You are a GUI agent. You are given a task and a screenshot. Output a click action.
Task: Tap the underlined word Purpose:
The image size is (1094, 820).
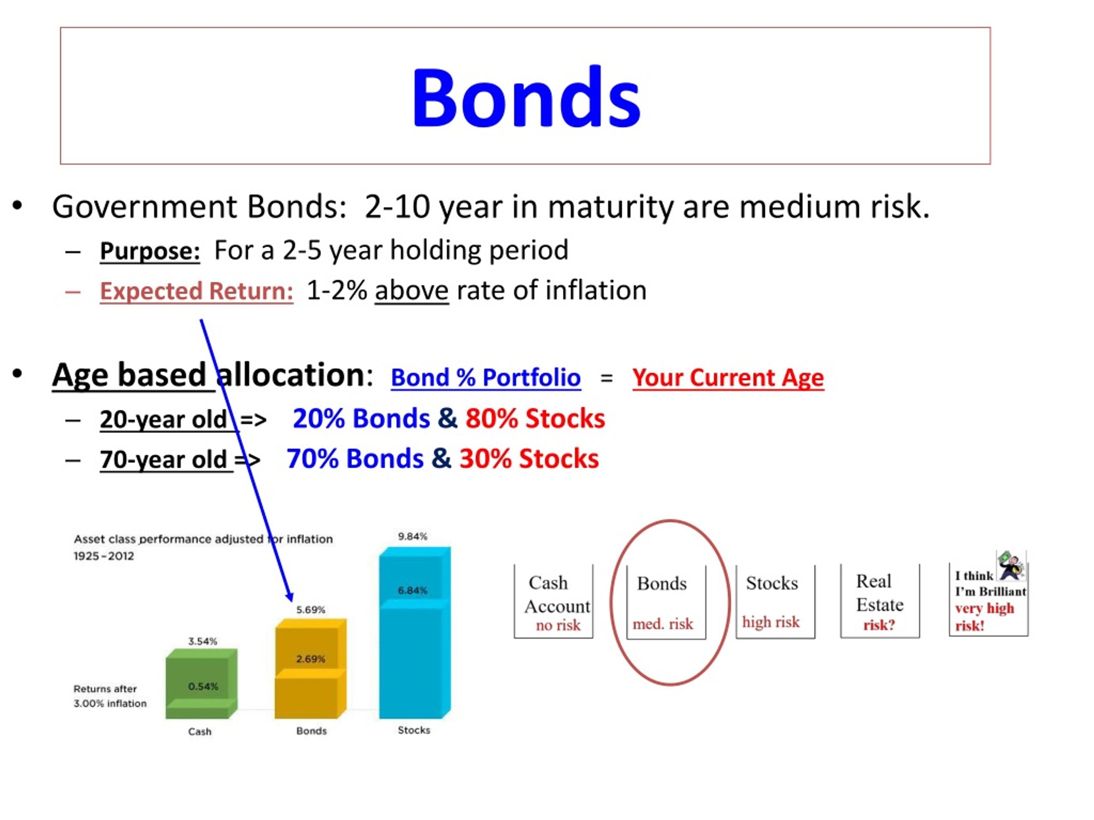[150, 251]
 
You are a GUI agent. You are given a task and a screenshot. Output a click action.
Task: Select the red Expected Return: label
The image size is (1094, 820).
[196, 291]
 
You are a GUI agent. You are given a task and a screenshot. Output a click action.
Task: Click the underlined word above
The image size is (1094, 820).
[412, 290]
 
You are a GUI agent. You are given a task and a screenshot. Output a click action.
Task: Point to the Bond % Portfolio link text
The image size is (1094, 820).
[485, 378]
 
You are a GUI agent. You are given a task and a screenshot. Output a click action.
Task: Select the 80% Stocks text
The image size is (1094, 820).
[535, 418]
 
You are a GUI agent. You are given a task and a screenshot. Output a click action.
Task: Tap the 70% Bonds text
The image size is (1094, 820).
[355, 458]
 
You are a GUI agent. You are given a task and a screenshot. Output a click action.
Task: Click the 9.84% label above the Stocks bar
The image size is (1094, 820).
[412, 536]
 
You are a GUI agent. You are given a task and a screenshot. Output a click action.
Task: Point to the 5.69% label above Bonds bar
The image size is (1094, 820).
[311, 609]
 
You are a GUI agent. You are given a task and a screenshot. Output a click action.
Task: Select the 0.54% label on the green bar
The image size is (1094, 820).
[203, 686]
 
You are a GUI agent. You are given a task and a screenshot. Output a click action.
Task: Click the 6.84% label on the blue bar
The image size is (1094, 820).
[412, 590]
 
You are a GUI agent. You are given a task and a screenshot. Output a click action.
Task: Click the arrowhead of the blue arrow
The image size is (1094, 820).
[290, 597]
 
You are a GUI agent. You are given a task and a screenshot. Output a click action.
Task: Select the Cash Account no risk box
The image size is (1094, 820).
[553, 601]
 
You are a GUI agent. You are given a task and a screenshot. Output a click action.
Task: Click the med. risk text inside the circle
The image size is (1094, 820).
[663, 624]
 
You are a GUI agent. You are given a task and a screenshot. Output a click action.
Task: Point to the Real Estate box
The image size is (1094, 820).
[879, 601]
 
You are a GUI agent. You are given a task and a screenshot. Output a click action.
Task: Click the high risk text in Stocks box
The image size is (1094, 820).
[771, 622]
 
